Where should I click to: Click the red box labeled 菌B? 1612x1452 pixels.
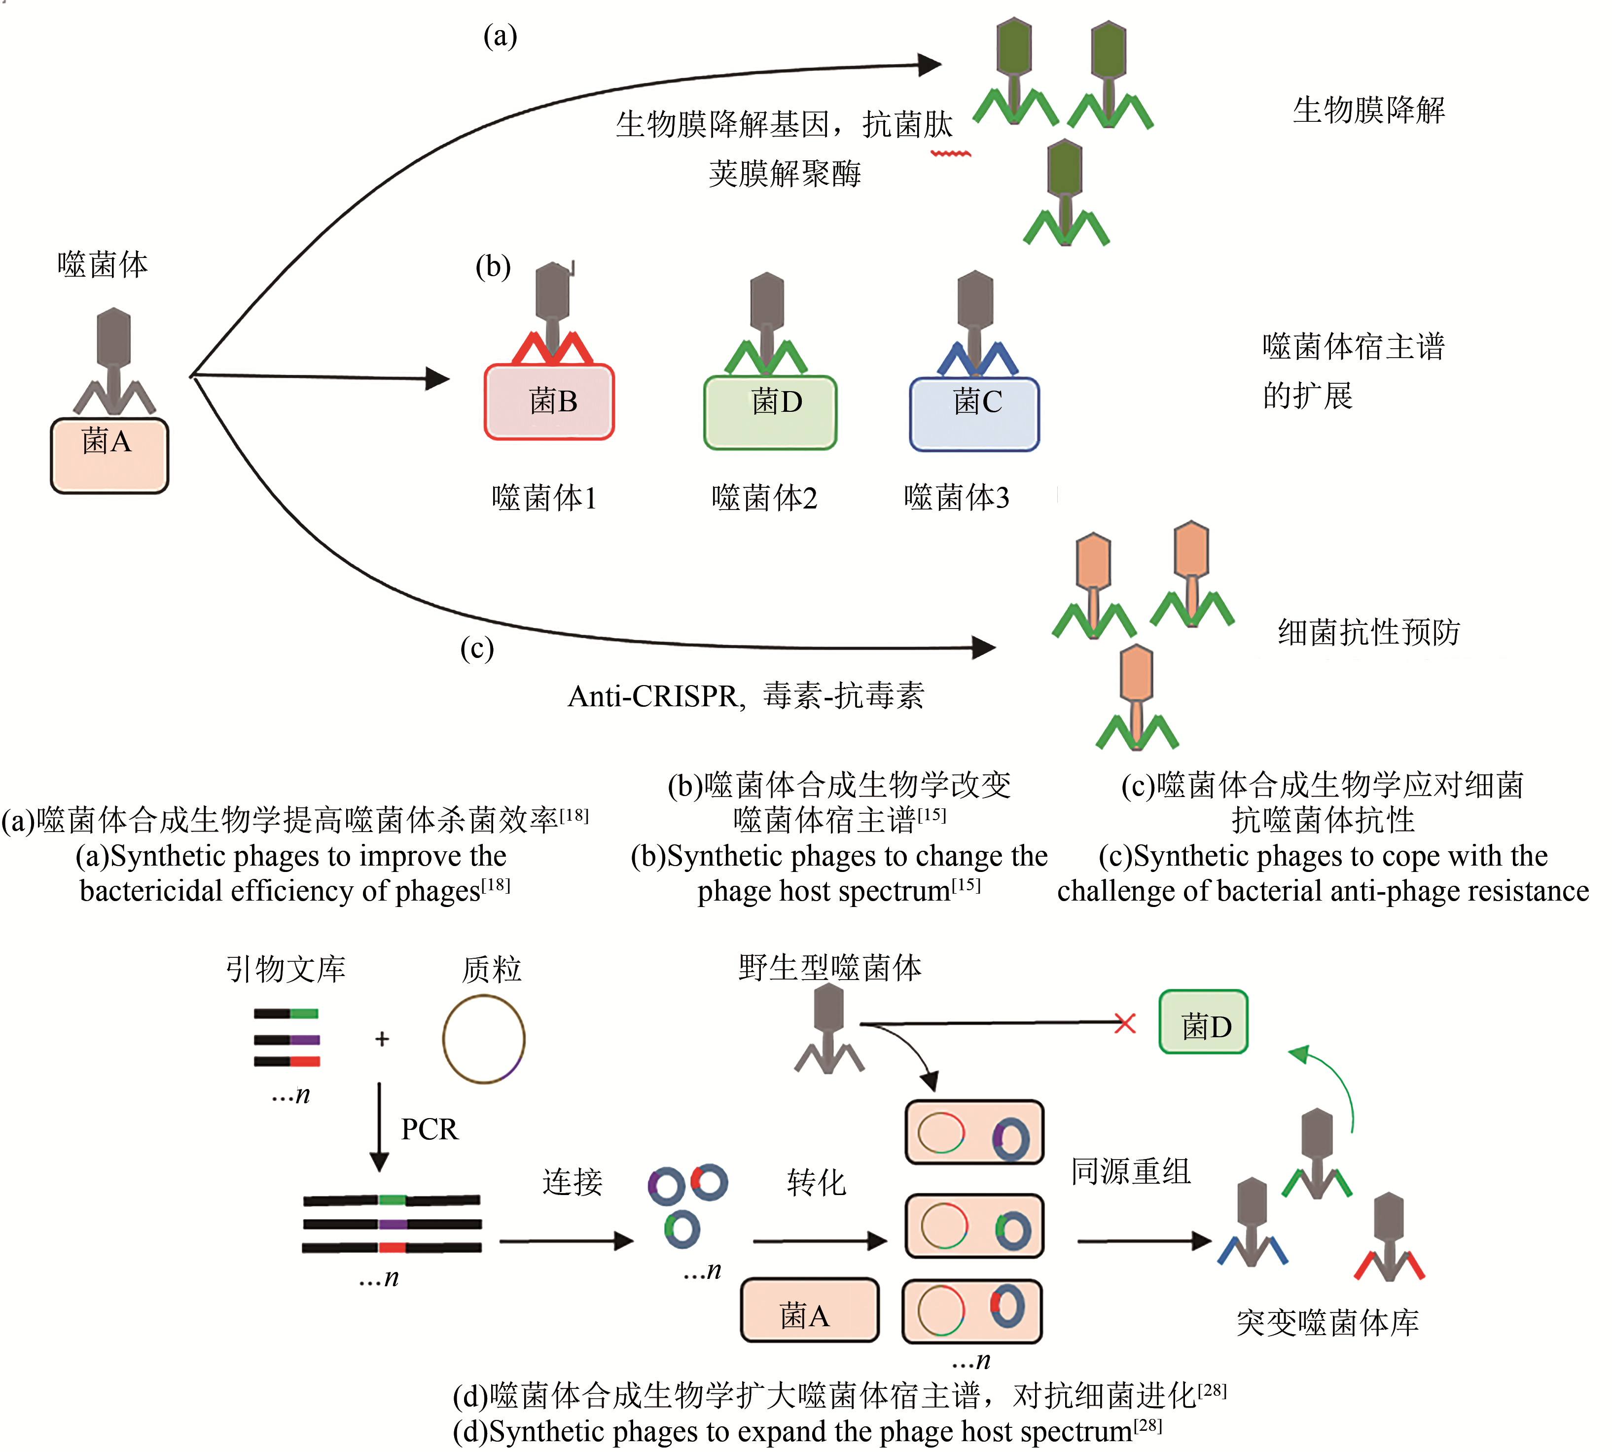[549, 401]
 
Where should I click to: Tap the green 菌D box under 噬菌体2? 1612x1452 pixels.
[770, 412]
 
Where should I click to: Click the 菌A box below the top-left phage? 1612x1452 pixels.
[109, 456]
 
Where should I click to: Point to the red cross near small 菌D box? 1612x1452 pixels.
[1125, 1023]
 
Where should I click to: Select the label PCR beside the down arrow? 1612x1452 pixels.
[429, 1129]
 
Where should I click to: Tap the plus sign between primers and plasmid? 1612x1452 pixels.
[382, 1039]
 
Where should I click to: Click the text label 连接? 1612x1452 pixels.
[572, 1182]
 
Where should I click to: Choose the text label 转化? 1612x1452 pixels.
[815, 1182]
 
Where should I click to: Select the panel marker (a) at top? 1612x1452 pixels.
[500, 36]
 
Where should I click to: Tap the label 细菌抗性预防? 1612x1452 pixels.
[1369, 632]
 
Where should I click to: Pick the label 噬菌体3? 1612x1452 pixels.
[956, 498]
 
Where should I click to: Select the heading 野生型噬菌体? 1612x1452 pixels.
[829, 968]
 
